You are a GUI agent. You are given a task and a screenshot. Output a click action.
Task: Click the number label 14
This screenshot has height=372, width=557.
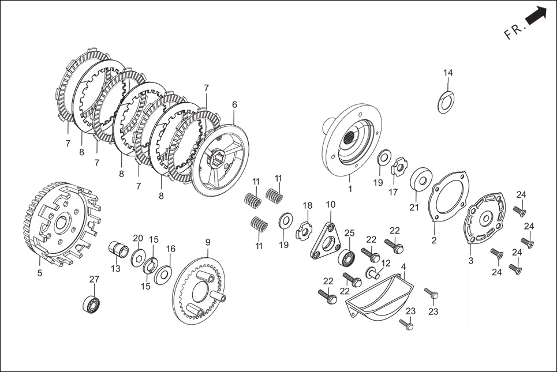pyautogui.click(x=448, y=73)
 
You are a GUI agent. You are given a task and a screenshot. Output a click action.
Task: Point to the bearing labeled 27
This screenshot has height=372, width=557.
pyautogui.click(x=92, y=303)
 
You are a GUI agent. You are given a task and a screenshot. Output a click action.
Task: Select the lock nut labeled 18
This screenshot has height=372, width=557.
pyautogui.click(x=304, y=231)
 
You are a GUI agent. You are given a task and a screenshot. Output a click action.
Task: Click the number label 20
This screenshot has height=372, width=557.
pyautogui.click(x=138, y=238)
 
